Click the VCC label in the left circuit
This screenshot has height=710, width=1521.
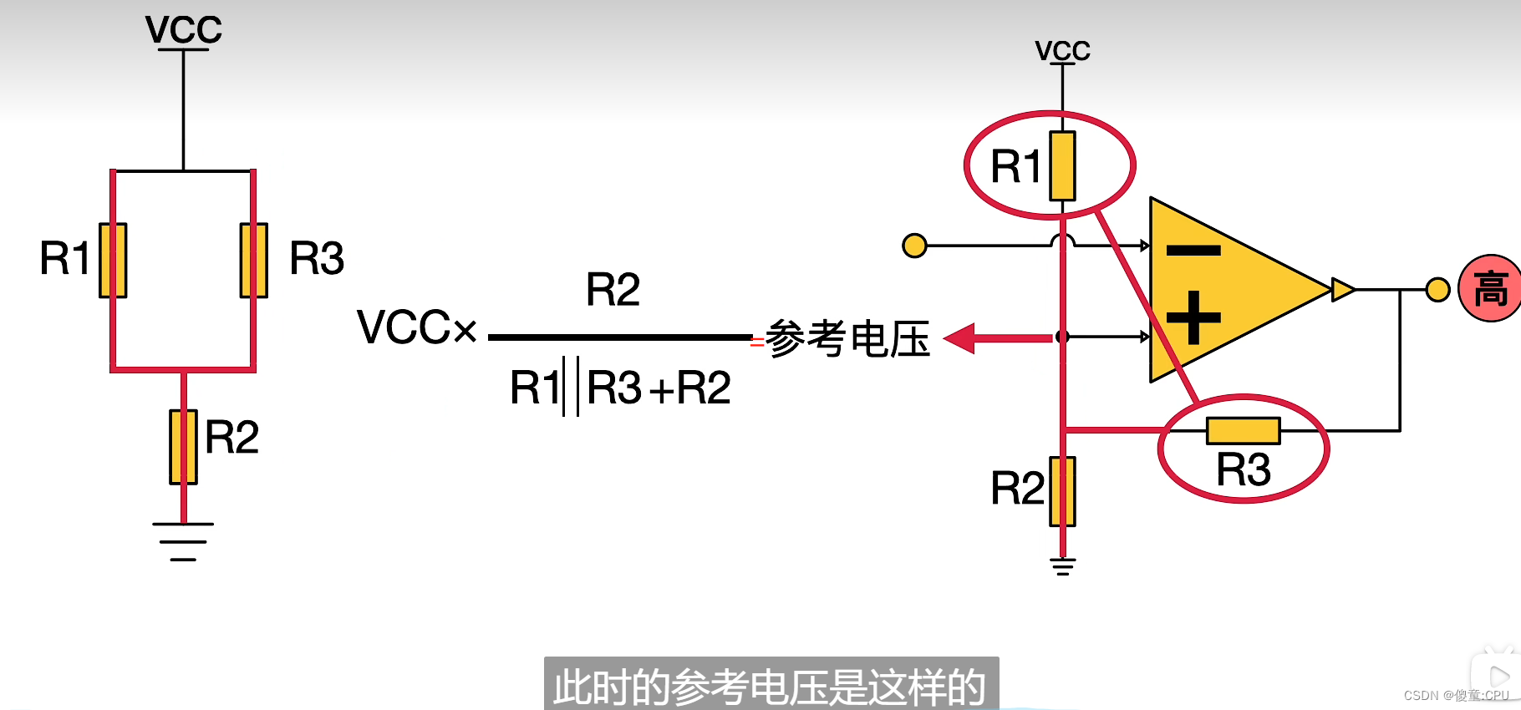184,30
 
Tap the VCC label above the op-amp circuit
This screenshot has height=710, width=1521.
1062,51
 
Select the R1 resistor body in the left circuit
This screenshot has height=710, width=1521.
113,260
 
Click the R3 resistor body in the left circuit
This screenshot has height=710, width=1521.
253,260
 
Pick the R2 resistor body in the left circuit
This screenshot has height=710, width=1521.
183,447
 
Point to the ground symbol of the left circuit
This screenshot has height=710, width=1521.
183,541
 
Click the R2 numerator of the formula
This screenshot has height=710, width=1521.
613,290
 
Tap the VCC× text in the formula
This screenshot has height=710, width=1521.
416,327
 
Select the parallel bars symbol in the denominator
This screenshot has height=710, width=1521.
571,386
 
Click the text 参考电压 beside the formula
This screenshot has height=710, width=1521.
847,339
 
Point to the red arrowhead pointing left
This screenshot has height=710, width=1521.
959,338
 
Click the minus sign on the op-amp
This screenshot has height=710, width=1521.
1193,250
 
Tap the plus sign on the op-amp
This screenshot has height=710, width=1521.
1193,317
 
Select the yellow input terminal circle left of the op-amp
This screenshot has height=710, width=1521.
915,246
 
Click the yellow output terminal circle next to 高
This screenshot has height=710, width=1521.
1437,290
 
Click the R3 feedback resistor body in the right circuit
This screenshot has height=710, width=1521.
1243,431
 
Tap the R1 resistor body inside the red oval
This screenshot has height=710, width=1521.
1062,165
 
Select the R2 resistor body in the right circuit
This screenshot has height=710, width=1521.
1062,491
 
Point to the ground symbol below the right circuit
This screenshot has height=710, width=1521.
1062,567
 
